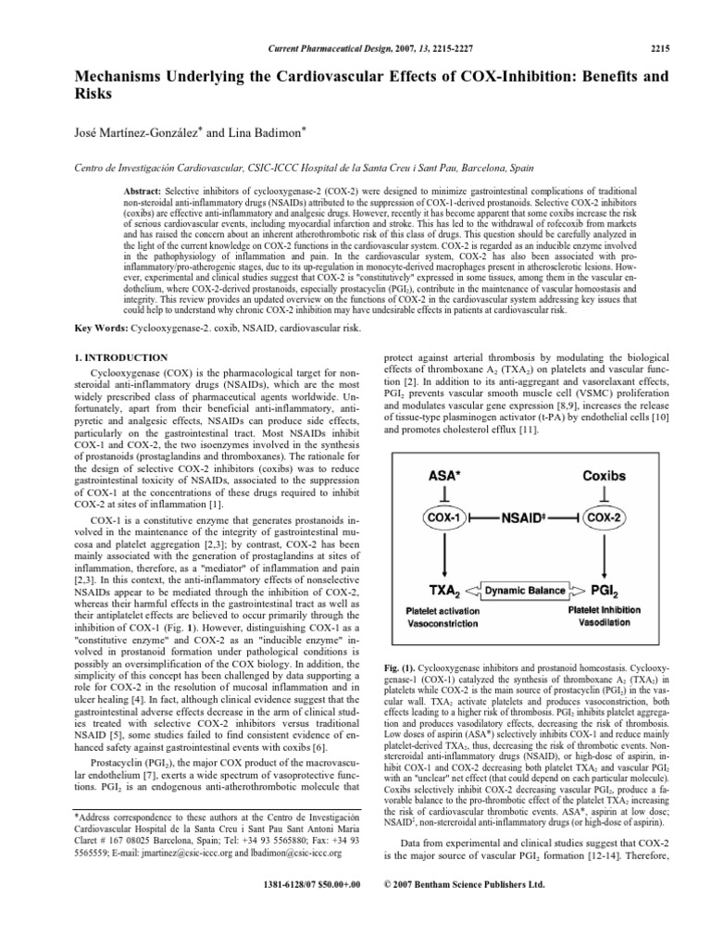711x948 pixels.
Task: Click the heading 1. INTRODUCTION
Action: click(120, 357)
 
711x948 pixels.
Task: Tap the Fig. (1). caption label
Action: click(402, 692)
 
